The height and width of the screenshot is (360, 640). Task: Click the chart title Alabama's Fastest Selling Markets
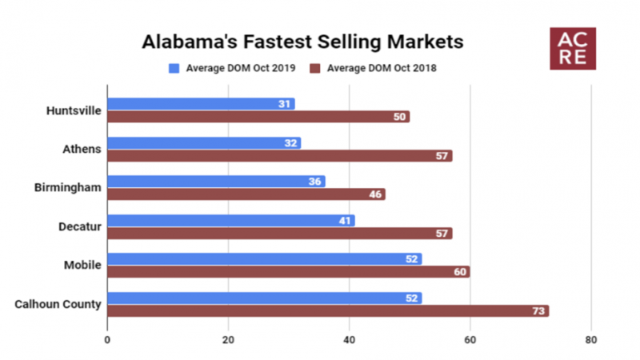pos(302,40)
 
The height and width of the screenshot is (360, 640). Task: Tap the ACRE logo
pos(573,49)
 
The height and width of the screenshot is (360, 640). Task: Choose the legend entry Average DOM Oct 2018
pos(380,68)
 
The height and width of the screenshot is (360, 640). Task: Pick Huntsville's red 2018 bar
pos(258,117)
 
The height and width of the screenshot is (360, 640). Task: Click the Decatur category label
pos(81,226)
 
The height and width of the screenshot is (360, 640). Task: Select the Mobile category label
pos(84,266)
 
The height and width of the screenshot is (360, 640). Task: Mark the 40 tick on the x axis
pos(350,338)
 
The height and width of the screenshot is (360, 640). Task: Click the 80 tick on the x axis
pos(591,338)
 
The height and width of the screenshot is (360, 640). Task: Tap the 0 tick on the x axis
pos(107,338)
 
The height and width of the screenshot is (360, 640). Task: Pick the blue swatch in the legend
pos(174,68)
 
